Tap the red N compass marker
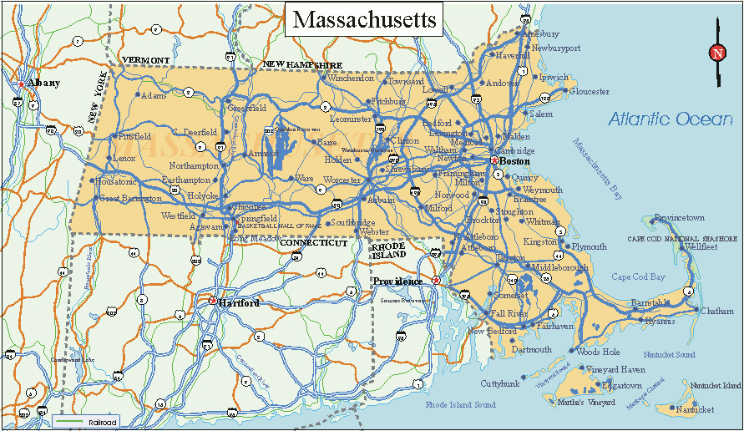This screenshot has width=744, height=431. (717, 53)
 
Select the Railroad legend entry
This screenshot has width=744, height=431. (86, 422)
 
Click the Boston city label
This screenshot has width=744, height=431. (515, 160)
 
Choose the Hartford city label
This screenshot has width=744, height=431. (239, 302)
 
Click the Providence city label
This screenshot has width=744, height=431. (397, 281)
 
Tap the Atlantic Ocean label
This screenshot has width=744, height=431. (670, 119)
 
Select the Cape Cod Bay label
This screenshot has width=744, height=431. (638, 276)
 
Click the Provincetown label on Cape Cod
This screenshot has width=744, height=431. (679, 217)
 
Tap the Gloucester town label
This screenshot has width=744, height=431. (589, 91)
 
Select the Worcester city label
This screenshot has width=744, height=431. (341, 180)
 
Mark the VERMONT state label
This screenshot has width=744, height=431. (146, 61)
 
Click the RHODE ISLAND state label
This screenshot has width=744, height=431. (388, 250)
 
